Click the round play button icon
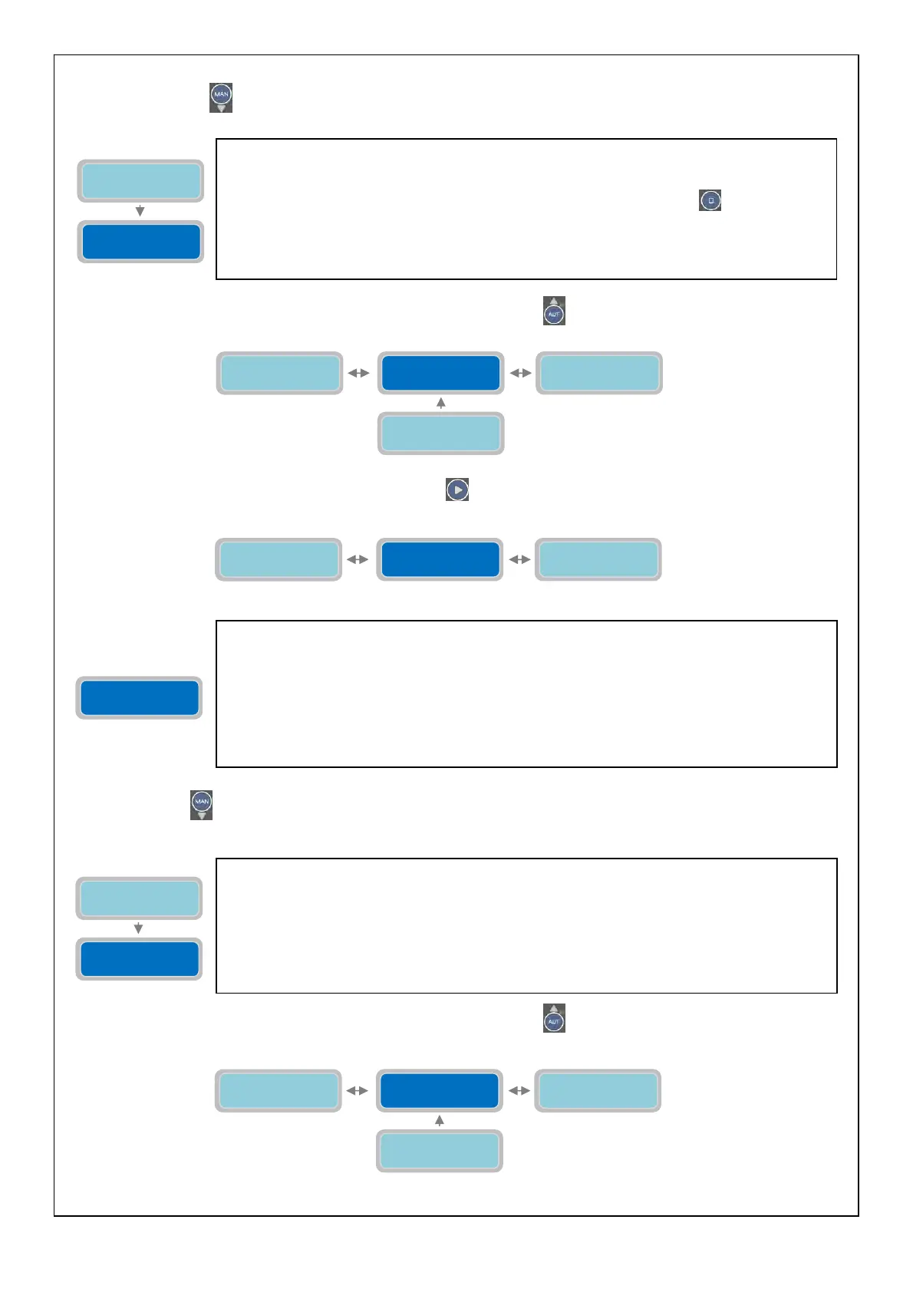coord(457,489)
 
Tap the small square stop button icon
coord(710,200)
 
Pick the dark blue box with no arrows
coord(139,698)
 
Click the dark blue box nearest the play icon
coord(440,559)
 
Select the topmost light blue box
coord(140,181)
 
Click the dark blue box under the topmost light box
coord(140,242)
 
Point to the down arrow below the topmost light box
coord(140,211)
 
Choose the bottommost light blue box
coord(440,1151)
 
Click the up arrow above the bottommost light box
coord(440,1121)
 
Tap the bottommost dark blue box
coord(440,1090)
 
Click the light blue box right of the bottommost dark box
coord(598,1090)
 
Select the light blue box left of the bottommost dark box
coord(279,1090)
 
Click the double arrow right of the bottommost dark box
coord(519,1090)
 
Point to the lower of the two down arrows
coord(138,928)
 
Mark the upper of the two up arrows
coord(440,403)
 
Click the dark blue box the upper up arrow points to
coord(440,373)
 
